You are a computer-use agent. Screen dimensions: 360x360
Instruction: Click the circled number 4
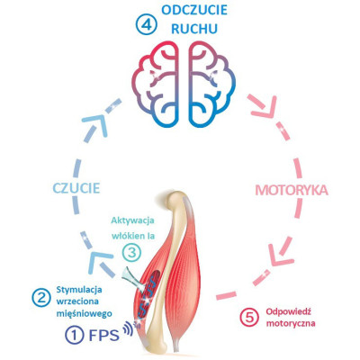(146, 23)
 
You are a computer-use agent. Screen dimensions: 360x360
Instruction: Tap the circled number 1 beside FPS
(75, 335)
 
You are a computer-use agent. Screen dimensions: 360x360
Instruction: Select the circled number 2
(41, 298)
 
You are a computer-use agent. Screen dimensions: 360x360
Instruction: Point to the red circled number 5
(249, 318)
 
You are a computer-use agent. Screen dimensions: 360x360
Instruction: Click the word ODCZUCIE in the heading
(194, 11)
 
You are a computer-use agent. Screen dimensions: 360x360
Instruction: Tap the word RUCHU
(193, 29)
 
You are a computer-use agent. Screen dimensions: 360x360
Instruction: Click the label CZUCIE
(76, 188)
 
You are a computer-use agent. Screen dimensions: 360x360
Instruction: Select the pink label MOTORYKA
(292, 190)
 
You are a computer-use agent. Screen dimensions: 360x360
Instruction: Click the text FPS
(104, 335)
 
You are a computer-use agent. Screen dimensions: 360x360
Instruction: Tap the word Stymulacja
(79, 290)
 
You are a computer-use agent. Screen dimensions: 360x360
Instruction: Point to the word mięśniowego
(85, 314)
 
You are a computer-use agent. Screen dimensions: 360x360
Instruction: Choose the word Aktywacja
(133, 220)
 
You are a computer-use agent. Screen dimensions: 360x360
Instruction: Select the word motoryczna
(291, 324)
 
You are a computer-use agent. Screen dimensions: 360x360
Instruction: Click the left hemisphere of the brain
(155, 83)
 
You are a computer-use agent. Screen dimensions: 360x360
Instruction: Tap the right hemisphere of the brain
(211, 83)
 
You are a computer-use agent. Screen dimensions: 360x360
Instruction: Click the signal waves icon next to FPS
(130, 328)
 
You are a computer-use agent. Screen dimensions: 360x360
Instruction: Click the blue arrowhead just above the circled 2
(101, 262)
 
